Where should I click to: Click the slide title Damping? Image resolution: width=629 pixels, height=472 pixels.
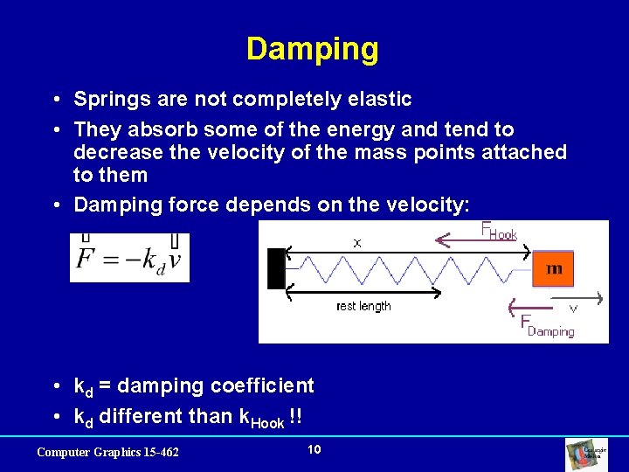(x=313, y=49)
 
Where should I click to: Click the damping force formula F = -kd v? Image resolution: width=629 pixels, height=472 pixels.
(x=129, y=259)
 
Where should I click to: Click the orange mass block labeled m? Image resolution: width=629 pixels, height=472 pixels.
(x=553, y=268)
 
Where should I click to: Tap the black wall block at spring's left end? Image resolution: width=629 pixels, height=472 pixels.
(x=276, y=268)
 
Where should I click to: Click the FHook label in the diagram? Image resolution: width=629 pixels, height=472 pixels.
(x=499, y=232)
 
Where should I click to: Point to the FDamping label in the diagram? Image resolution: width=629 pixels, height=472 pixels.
(x=547, y=326)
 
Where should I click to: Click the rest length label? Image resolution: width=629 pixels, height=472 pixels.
(x=363, y=306)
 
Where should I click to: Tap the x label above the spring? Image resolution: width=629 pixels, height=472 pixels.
(x=356, y=243)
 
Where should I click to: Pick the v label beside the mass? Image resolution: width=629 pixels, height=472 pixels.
(x=573, y=309)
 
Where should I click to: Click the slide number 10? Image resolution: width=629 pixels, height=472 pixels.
(x=314, y=449)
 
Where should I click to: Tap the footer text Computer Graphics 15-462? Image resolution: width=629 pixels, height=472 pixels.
(x=107, y=452)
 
